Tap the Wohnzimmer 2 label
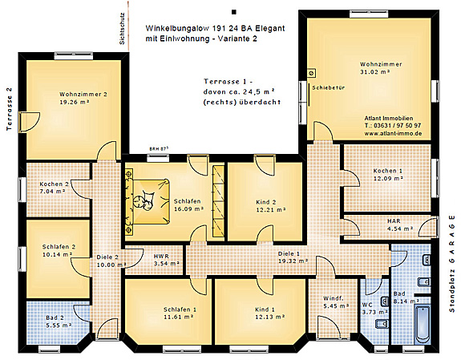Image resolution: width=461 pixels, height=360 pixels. tap(82, 98)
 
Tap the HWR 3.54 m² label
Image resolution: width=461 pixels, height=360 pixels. tap(161, 258)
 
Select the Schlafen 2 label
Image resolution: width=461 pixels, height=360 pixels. tap(59, 251)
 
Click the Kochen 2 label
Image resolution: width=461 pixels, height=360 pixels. tap(55, 188)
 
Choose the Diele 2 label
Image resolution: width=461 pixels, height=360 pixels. tap(107, 261)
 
